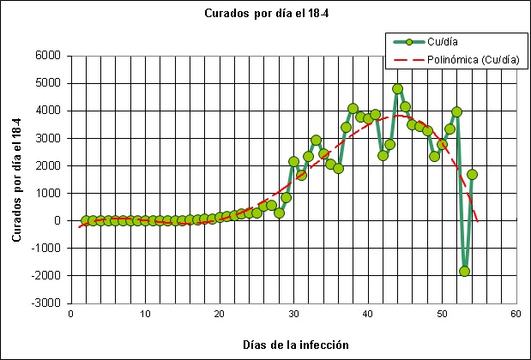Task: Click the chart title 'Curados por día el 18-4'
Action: [263, 14]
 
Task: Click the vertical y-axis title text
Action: [16, 179]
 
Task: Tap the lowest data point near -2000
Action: [464, 271]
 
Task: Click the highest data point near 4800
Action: [397, 88]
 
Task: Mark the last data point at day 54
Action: [472, 174]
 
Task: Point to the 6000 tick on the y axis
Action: [48, 56]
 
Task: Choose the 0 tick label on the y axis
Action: [57, 220]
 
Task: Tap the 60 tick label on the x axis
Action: [516, 314]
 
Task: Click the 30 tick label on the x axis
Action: [293, 314]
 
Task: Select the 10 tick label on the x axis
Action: [145, 314]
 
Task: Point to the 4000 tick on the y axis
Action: [48, 111]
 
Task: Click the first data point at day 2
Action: [85, 220]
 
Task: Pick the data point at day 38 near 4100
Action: [353, 108]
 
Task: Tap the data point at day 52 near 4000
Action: [456, 111]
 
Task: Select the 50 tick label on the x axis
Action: [442, 314]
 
